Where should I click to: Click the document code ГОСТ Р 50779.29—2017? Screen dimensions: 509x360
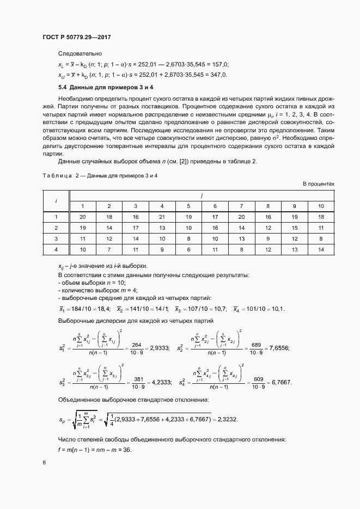80,38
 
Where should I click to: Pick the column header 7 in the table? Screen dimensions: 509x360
241,205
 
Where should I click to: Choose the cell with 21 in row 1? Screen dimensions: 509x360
162,216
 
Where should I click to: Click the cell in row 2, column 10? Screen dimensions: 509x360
321,227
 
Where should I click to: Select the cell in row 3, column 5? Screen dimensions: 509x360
188,238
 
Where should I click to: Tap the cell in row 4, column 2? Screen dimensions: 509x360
109,249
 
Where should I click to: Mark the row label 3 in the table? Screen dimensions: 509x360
56,238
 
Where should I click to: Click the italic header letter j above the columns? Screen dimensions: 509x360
202,194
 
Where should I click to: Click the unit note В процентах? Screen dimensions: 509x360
319,184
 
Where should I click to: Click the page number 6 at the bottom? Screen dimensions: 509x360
45,463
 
